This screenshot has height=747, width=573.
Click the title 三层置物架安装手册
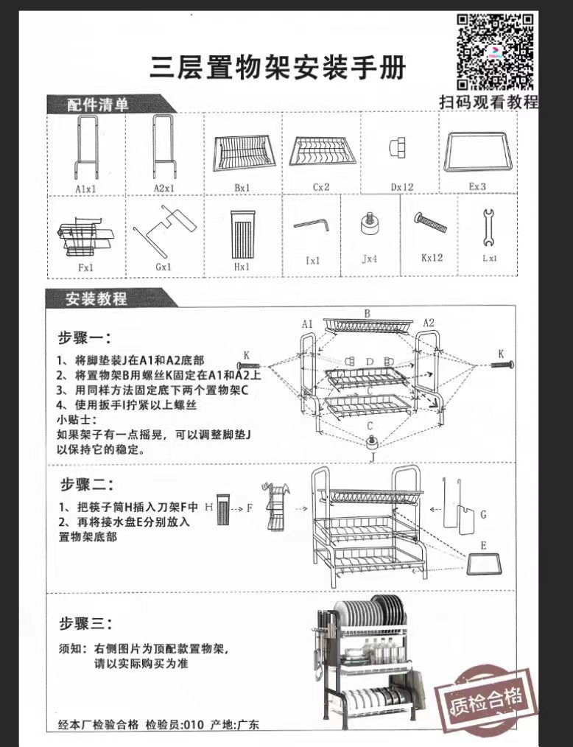278,68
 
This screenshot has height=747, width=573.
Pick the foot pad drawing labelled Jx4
370,223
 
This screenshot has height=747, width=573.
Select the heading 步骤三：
85,625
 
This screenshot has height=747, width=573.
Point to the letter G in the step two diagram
483,515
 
